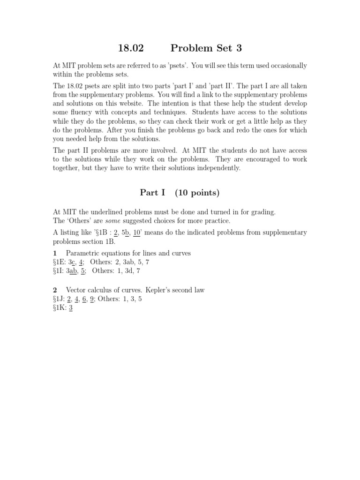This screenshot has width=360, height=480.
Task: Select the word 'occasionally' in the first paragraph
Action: pos(286,66)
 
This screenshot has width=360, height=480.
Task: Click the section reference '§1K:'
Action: pos(60,308)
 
